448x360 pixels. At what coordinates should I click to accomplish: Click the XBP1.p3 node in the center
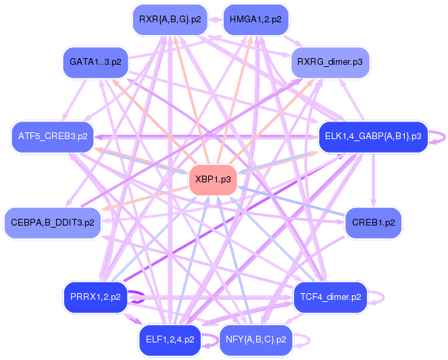[x=213, y=180]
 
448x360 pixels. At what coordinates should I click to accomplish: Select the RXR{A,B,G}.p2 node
[x=170, y=20]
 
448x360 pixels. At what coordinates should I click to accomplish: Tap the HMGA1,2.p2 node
[x=255, y=20]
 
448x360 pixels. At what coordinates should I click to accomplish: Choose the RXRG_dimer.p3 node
[x=330, y=62]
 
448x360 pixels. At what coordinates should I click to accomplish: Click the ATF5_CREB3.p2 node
[x=52, y=136]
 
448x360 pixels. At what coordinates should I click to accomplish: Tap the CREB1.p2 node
[x=373, y=222]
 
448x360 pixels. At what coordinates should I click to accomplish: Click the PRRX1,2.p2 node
[x=95, y=297]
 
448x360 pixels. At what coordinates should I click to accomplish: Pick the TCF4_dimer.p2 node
[x=330, y=297]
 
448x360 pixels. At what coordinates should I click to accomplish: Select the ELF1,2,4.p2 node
[x=170, y=339]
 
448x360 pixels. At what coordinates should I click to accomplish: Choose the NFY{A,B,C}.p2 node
[x=255, y=339]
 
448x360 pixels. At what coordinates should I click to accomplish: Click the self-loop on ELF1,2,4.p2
[x=214, y=339]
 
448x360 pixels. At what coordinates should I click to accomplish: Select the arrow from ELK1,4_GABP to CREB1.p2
[x=373, y=179]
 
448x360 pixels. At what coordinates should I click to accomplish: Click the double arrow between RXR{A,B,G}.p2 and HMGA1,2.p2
[x=213, y=20]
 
